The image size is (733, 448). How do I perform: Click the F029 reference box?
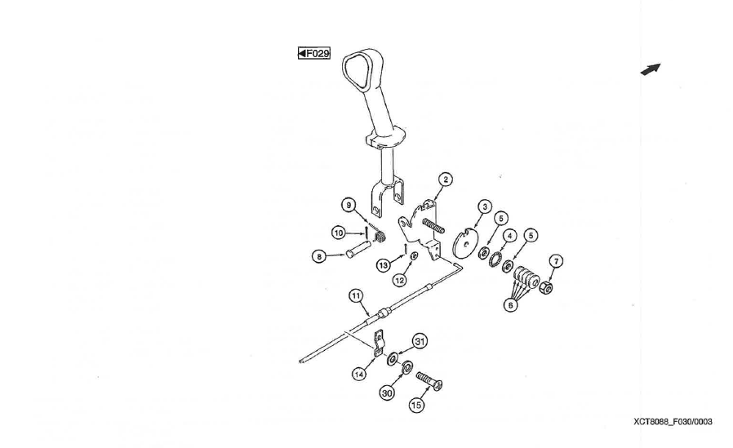pyautogui.click(x=314, y=53)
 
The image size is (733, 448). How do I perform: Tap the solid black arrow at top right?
pyautogui.click(x=651, y=69)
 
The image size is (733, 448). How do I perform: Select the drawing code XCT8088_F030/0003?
pyautogui.click(x=673, y=422)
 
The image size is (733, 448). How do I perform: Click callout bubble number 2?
pyautogui.click(x=446, y=180)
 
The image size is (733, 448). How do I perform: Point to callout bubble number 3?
pyautogui.click(x=485, y=206)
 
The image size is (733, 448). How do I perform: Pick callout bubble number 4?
pyautogui.click(x=509, y=236)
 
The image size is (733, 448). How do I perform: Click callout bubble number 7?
pyautogui.click(x=555, y=261)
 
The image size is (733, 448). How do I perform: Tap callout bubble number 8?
pyautogui.click(x=319, y=256)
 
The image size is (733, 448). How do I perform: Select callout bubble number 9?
pyautogui.click(x=349, y=205)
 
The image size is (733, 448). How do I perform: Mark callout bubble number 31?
pyautogui.click(x=420, y=341)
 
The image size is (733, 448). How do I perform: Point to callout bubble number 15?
pyautogui.click(x=416, y=405)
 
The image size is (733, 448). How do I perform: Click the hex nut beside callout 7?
pyautogui.click(x=546, y=288)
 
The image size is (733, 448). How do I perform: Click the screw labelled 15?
pyautogui.click(x=429, y=381)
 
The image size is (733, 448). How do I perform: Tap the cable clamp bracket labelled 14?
pyautogui.click(x=380, y=343)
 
